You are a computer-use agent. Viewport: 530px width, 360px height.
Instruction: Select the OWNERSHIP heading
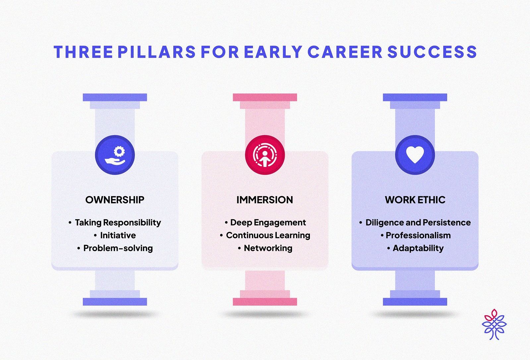click(115, 200)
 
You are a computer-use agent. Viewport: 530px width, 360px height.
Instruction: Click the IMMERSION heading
click(265, 200)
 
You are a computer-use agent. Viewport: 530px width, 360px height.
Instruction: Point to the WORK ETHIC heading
click(415, 200)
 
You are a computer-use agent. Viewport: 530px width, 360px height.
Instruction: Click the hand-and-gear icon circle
click(115, 155)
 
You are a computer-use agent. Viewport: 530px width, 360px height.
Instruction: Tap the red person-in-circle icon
click(265, 155)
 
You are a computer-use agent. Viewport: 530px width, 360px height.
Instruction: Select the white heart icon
click(415, 155)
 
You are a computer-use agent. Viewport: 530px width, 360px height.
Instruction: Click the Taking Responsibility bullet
click(118, 222)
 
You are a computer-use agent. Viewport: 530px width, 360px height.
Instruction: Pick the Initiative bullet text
click(118, 235)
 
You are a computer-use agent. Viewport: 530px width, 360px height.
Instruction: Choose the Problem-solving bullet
click(118, 248)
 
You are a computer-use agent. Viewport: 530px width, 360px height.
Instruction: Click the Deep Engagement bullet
click(268, 222)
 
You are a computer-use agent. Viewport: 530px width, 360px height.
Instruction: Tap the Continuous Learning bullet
click(268, 235)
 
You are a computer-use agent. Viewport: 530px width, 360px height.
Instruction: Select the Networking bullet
click(268, 248)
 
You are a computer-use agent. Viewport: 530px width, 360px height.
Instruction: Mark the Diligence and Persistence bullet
click(418, 222)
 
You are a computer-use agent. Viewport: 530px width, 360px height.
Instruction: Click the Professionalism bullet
click(418, 235)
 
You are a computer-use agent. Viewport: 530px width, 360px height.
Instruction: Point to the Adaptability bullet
click(418, 248)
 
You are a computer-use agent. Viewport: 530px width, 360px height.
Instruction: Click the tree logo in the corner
click(494, 324)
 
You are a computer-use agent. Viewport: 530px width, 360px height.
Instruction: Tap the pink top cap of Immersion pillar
click(265, 97)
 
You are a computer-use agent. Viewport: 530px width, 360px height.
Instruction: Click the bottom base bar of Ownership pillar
click(115, 302)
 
